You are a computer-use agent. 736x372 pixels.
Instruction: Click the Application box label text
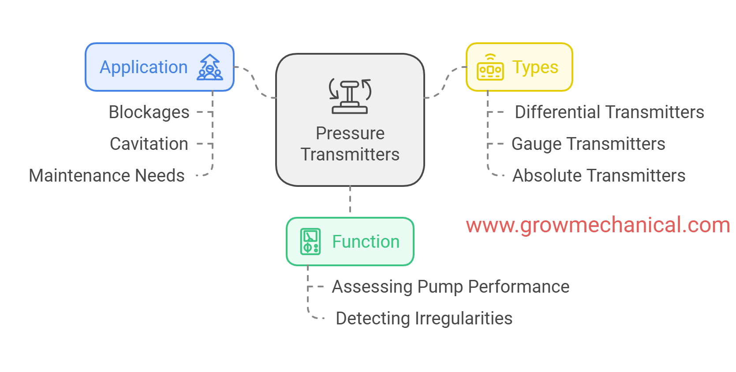(x=144, y=67)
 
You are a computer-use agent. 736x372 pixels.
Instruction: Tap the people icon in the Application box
(x=210, y=67)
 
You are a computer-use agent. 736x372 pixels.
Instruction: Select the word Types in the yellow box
(x=535, y=67)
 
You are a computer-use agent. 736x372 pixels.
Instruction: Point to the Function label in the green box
(x=366, y=242)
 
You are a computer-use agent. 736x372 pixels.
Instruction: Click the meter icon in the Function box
(x=310, y=242)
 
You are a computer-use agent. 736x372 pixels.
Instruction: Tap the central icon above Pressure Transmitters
(x=350, y=96)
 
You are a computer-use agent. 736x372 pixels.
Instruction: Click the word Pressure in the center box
(x=350, y=133)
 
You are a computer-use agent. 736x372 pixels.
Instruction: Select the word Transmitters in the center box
(x=350, y=155)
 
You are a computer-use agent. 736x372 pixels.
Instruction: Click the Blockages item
(x=149, y=112)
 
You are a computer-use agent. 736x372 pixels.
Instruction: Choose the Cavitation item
(x=149, y=144)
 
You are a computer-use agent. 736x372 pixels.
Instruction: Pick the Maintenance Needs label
(x=107, y=175)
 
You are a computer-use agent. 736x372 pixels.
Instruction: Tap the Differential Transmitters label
(x=609, y=112)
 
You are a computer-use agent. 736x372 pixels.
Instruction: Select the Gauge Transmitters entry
(x=588, y=144)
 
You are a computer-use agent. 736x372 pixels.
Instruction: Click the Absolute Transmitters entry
(x=599, y=175)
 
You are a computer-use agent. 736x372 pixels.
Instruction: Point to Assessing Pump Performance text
(x=451, y=286)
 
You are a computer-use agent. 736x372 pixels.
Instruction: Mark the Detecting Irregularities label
(x=424, y=318)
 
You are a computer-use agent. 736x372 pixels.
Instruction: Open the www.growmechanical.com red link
(x=598, y=225)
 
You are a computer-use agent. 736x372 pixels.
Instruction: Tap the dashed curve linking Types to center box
(x=445, y=82)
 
